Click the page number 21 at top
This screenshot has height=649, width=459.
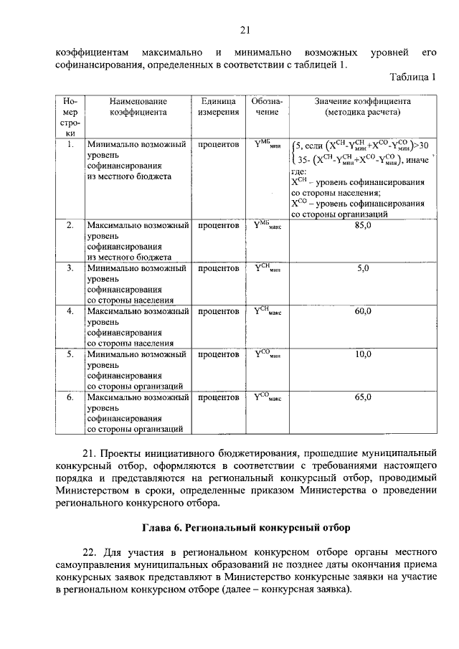pos(245,29)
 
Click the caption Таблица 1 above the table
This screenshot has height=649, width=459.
pos(412,77)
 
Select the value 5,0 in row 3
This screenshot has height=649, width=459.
pos(362,268)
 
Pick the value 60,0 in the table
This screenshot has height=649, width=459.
pos(362,311)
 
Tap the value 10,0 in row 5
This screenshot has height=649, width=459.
pos(362,354)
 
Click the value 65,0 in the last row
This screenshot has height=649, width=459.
pos(362,397)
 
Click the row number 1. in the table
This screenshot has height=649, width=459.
pos(70,144)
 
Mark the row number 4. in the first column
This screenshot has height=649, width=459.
pos(70,311)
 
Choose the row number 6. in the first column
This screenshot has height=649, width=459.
pos(70,397)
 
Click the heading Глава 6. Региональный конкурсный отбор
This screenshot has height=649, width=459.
pos(245,528)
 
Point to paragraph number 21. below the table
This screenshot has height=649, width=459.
pos(90,453)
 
